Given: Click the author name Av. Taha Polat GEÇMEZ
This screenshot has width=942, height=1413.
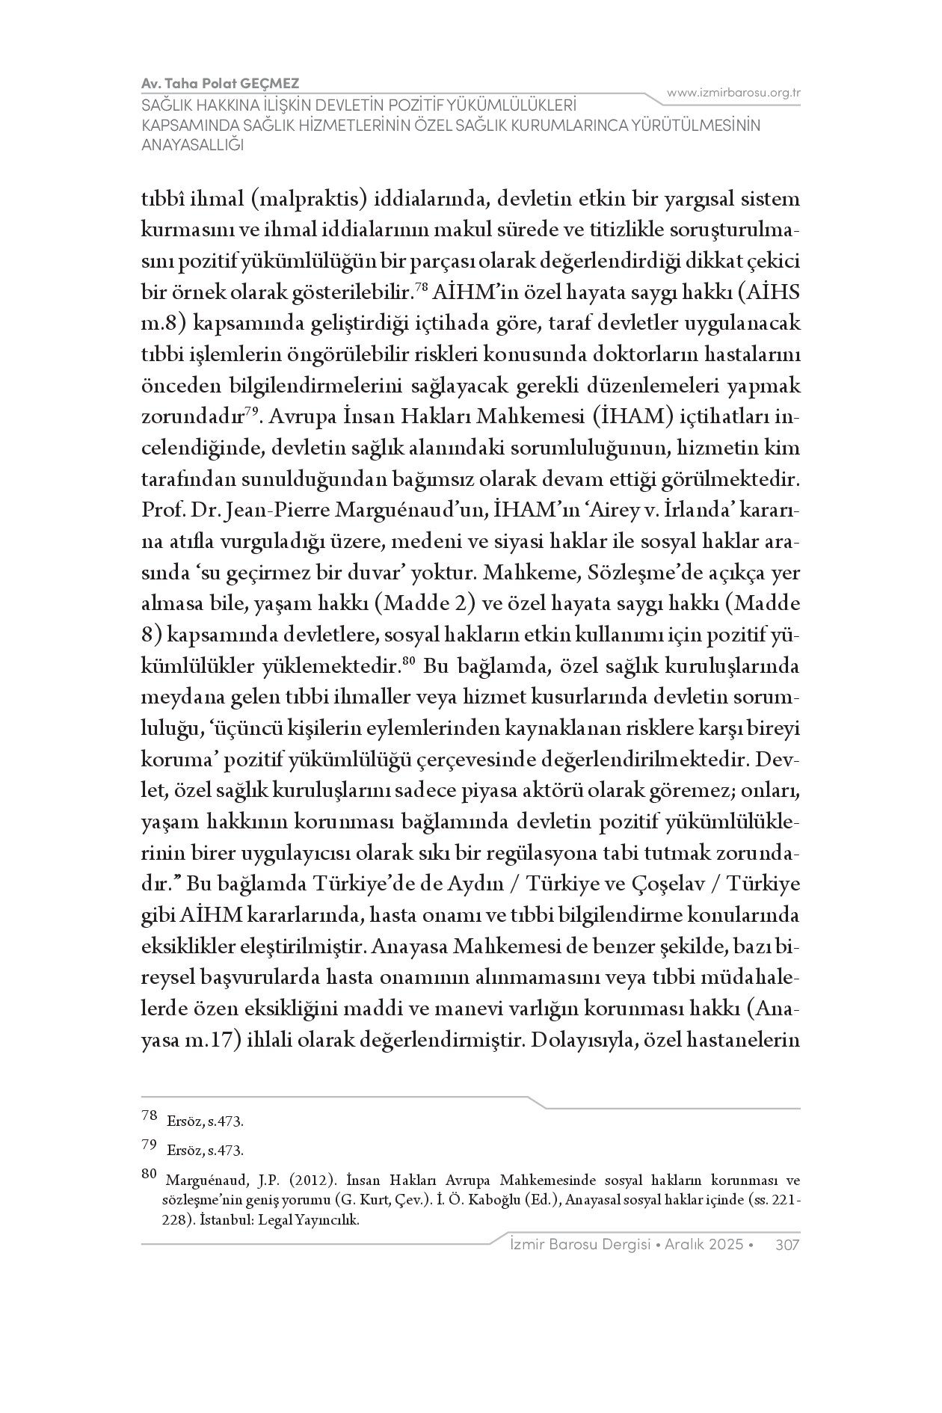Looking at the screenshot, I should pyautogui.click(x=220, y=83).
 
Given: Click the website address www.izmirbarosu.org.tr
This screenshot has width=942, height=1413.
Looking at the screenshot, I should pyautogui.click(x=733, y=93).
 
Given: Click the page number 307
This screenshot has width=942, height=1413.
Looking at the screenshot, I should pyautogui.click(x=788, y=1244).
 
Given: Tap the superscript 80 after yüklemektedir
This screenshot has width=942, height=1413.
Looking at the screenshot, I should pyautogui.click(x=408, y=660).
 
